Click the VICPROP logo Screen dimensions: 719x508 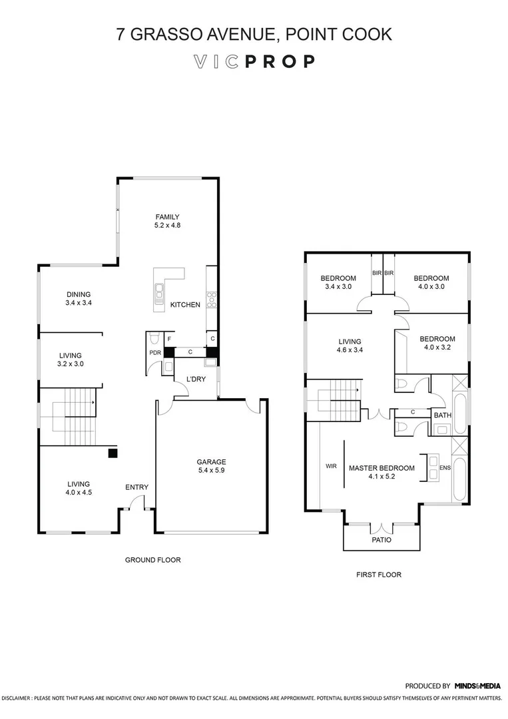point(254,62)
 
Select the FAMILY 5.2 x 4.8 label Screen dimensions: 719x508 point(168,221)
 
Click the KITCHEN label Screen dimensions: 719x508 point(185,305)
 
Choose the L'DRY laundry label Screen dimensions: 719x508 point(195,379)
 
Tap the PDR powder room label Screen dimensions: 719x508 point(154,353)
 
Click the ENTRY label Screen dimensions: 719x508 point(136,487)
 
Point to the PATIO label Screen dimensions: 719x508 point(381,540)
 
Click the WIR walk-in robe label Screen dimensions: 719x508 point(331,466)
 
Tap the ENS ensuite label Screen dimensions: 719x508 point(445,468)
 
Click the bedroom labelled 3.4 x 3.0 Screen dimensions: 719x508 point(338,282)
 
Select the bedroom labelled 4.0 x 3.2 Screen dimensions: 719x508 point(437,343)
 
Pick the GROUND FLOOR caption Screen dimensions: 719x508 point(153,560)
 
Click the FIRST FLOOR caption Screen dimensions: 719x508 point(379,575)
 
